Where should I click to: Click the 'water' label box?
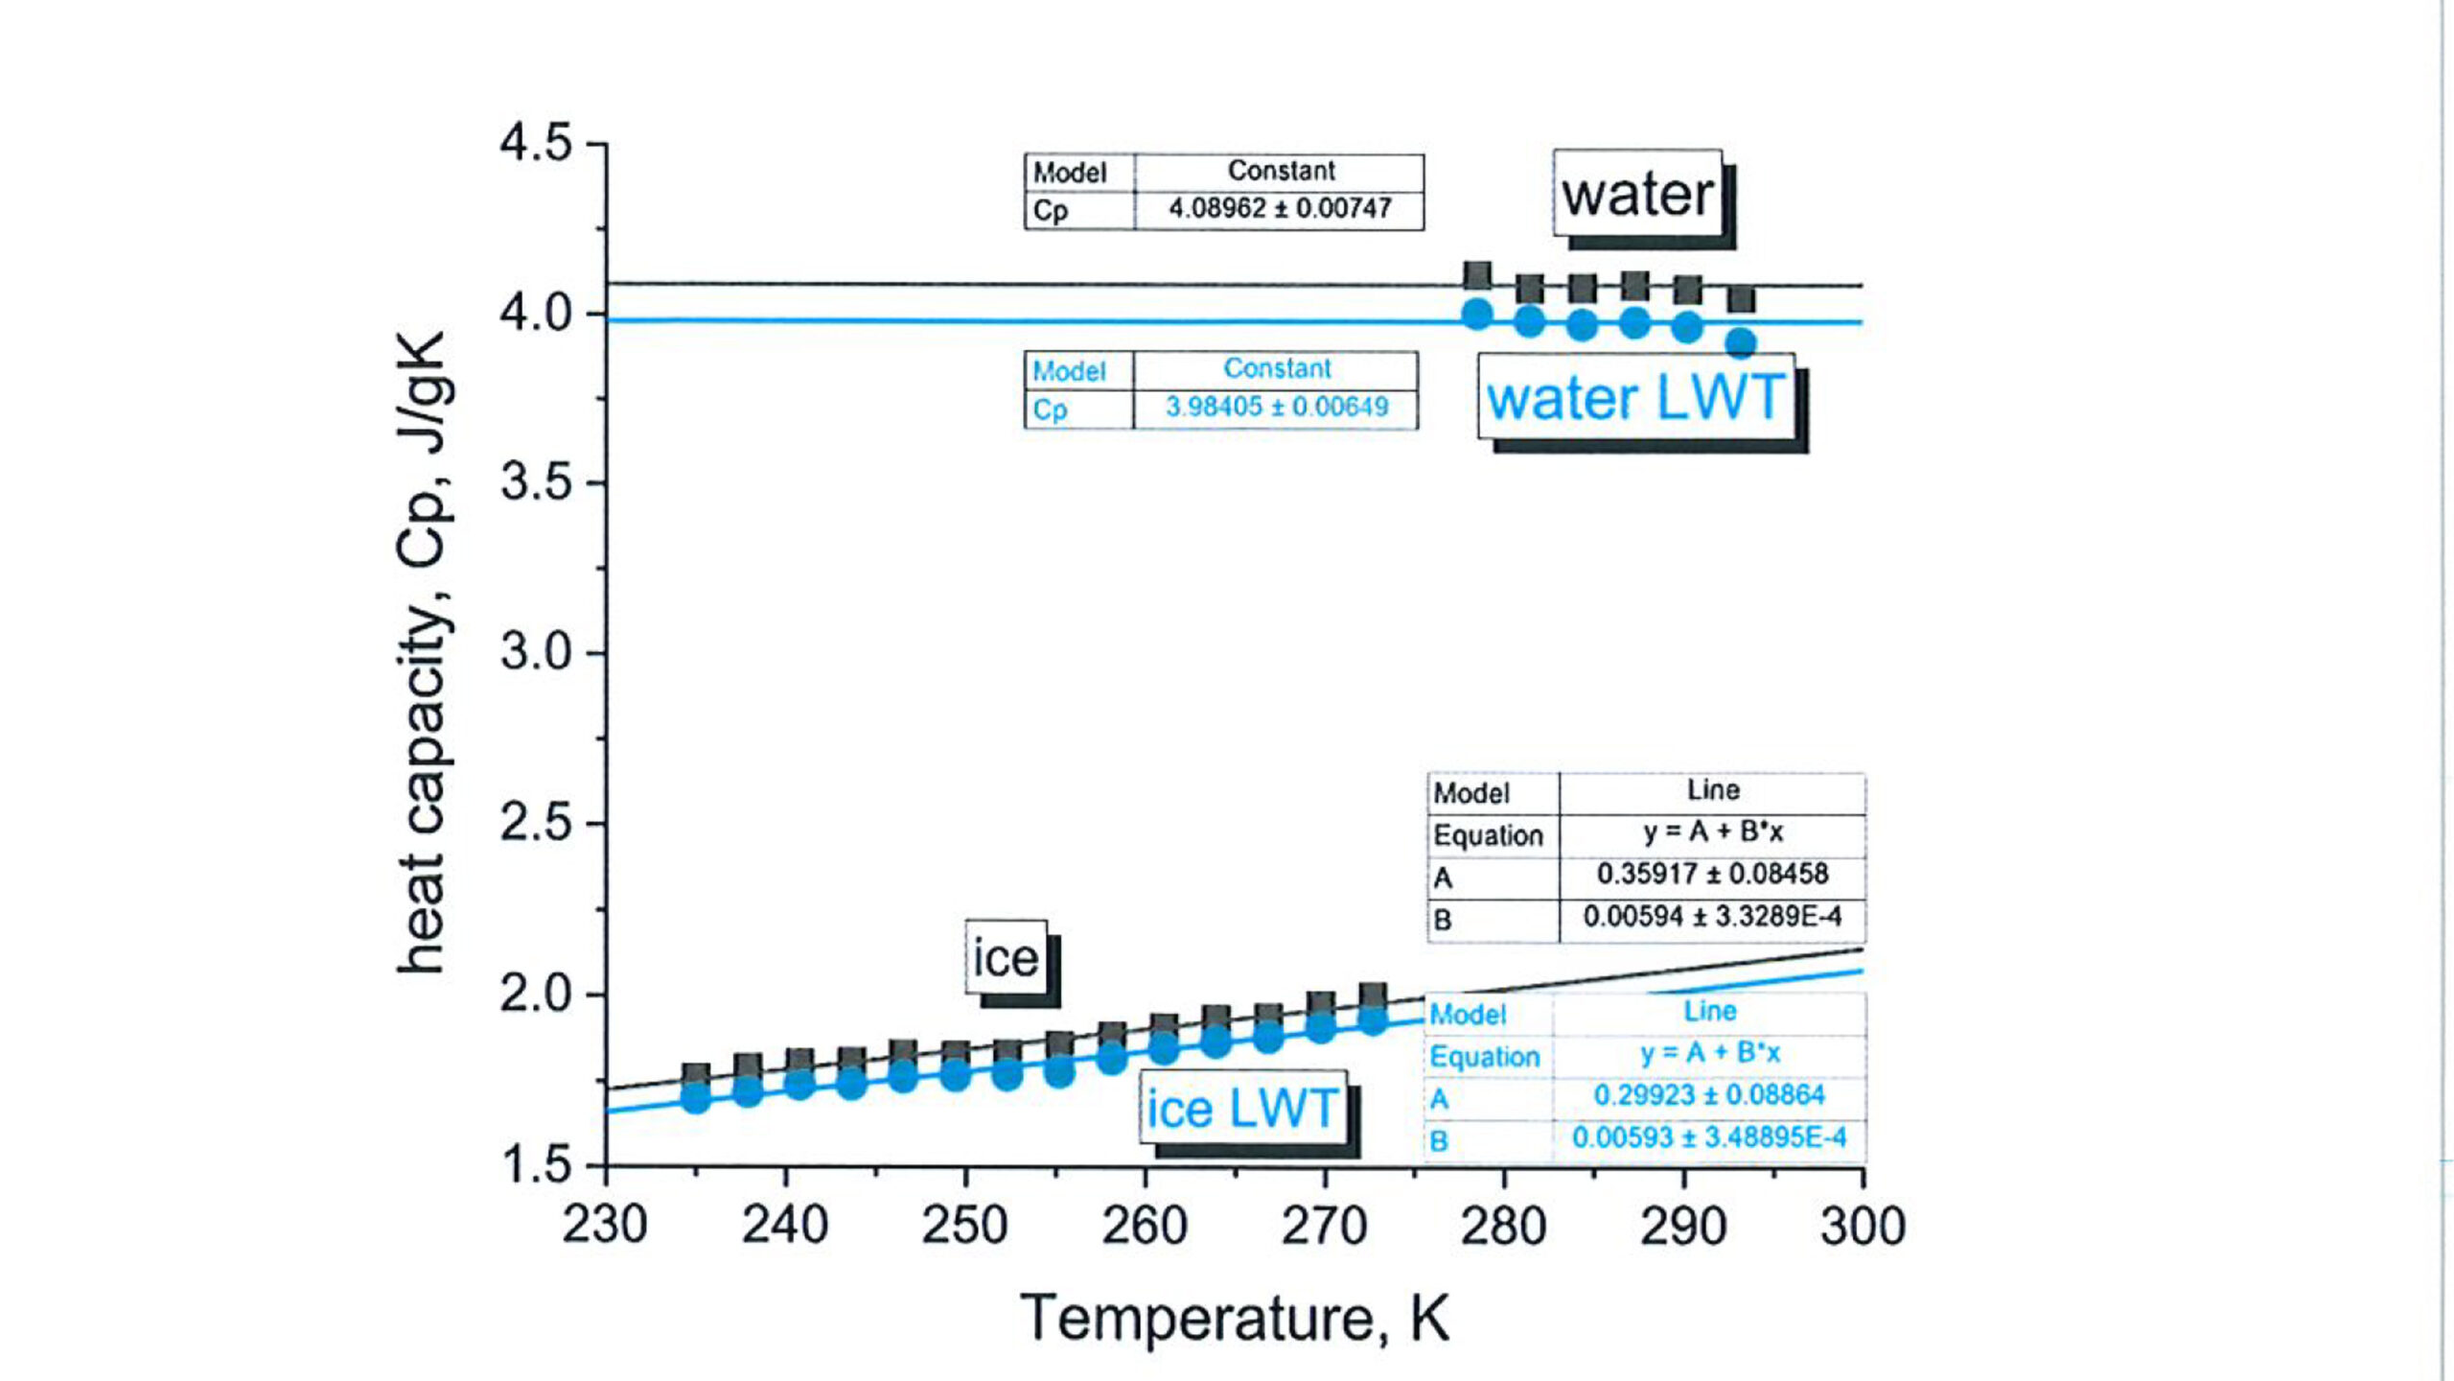pos(1637,195)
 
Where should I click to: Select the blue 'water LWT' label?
pos(1635,397)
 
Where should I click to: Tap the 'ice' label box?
pos(1006,958)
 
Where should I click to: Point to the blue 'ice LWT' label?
pos(1242,1109)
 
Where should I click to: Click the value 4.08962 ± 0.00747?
pos(1280,208)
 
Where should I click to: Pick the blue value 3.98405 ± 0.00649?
pos(1277,407)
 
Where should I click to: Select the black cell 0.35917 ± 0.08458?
pos(1712,874)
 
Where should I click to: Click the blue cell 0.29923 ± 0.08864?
pos(1709,1095)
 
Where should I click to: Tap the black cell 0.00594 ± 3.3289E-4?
pos(1712,917)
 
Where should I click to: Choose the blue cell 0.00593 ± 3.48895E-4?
pos(1709,1138)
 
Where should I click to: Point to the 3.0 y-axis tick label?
pos(536,653)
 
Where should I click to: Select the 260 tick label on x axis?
pos(1145,1226)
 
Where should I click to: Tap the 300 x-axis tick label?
pos(1863,1226)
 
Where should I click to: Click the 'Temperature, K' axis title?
pos(1235,1319)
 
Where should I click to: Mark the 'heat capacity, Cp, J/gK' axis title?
pos(423,653)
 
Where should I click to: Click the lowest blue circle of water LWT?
pos(1741,342)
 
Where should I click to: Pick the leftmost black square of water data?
pos(1477,275)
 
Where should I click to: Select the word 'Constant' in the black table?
pos(1281,171)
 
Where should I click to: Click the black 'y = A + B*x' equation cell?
pos(1713,831)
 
